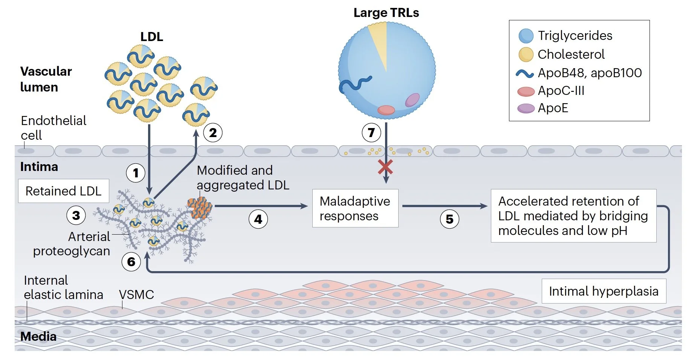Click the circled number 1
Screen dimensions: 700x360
pyautogui.click(x=136, y=173)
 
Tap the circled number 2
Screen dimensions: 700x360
pyautogui.click(x=213, y=133)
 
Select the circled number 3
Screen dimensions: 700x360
pyautogui.click(x=76, y=215)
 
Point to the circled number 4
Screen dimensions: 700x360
pyautogui.click(x=258, y=219)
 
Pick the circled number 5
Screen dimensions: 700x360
pyautogui.click(x=449, y=219)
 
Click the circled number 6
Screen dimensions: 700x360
pyautogui.click(x=131, y=261)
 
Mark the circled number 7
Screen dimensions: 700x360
pyautogui.click(x=371, y=133)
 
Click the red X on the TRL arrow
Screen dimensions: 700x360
pyautogui.click(x=385, y=167)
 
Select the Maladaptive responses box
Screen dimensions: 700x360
pyautogui.click(x=355, y=208)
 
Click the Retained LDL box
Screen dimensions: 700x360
pyautogui.click(x=64, y=191)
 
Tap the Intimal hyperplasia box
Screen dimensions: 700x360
pyautogui.click(x=604, y=291)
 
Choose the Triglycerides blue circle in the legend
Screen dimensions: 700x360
pyautogui.click(x=526, y=36)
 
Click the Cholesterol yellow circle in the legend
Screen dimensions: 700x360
pyautogui.click(x=526, y=55)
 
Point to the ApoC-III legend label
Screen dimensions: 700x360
pyautogui.click(x=561, y=91)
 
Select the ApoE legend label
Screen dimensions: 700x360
pyautogui.click(x=553, y=108)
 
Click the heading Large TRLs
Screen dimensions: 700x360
pyautogui.click(x=386, y=13)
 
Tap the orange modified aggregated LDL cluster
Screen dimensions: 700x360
pyautogui.click(x=200, y=207)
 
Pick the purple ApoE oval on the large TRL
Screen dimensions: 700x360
pyautogui.click(x=412, y=100)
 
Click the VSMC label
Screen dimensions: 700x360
pyautogui.click(x=136, y=294)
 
